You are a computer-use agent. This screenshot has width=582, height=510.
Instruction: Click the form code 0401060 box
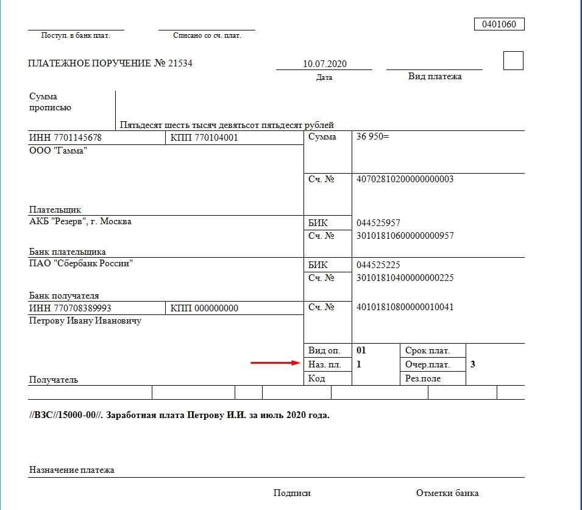(x=499, y=24)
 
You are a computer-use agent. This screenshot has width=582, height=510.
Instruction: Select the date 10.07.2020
(x=324, y=64)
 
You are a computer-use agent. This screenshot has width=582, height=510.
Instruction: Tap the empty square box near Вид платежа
(x=513, y=61)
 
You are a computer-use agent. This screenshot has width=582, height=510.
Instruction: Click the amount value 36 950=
(x=372, y=137)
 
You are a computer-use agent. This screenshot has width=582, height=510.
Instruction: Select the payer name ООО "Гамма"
(x=58, y=151)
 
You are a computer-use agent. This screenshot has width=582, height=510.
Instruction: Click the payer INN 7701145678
(x=65, y=138)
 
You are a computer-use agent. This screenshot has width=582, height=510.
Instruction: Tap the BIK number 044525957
(x=378, y=223)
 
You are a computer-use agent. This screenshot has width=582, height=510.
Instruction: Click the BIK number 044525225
(x=378, y=265)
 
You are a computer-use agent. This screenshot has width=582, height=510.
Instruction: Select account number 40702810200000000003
(x=405, y=179)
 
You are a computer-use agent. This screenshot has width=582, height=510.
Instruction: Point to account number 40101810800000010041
(x=405, y=307)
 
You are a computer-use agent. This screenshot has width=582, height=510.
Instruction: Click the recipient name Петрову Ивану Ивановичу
(x=85, y=321)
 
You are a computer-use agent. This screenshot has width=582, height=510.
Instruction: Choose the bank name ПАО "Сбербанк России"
(x=81, y=264)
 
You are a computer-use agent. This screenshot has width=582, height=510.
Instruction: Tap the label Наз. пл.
(x=325, y=364)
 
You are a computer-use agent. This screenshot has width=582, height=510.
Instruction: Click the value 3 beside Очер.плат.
(x=473, y=364)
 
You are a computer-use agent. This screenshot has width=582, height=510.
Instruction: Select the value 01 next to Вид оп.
(x=361, y=350)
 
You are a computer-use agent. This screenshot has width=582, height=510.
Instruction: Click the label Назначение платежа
(x=71, y=470)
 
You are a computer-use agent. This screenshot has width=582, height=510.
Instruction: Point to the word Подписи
(x=292, y=493)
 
